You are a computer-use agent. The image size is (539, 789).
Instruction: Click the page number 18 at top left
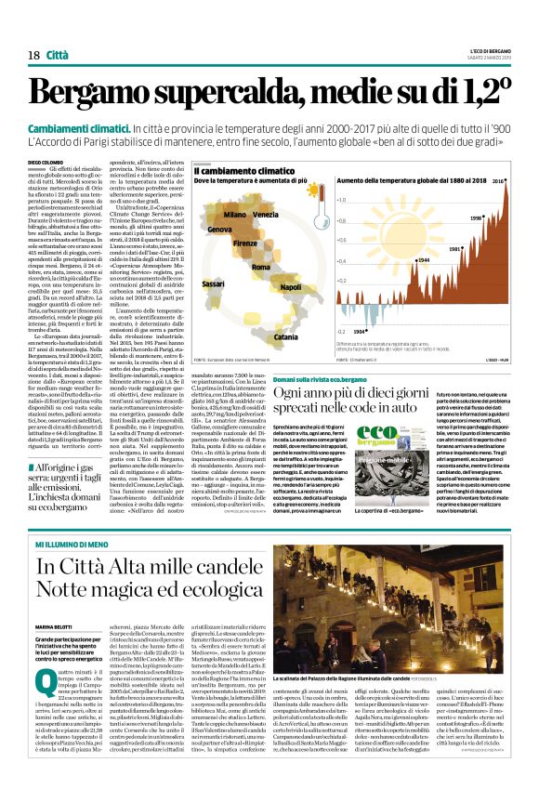pyautogui.click(x=33, y=57)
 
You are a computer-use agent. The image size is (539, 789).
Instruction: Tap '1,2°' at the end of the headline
pyautogui.click(x=476, y=93)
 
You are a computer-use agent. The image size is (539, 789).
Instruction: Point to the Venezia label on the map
pyautogui.click(x=265, y=215)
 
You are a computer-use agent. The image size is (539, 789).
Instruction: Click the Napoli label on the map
pyautogui.click(x=291, y=288)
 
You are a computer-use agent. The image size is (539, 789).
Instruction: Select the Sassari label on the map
pyautogui.click(x=214, y=283)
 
